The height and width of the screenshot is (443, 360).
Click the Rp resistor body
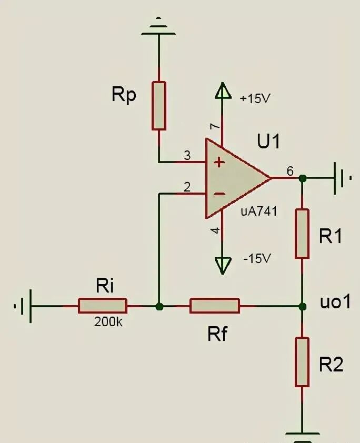coord(159,106)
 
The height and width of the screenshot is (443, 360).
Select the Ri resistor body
coord(103,306)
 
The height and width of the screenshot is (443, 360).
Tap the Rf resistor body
coord(215,306)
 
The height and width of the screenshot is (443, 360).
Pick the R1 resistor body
coord(302,234)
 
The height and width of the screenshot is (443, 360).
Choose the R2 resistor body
coord(302,362)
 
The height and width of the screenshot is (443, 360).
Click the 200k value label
coord(108,322)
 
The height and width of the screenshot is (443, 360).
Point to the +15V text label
coord(255,98)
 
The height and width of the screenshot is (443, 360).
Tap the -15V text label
coord(257,258)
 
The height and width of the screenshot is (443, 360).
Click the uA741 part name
coord(259,212)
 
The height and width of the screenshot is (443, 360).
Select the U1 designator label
coord(269,141)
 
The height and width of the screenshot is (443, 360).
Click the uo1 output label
coord(335,301)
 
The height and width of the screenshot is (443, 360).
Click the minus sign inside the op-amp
coord(219,194)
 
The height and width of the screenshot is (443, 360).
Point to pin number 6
coord(290,171)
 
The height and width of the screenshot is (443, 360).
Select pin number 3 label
coord(187,155)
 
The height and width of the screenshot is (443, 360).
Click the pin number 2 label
coord(187,187)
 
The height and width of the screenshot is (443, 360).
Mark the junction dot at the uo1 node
coord(302,306)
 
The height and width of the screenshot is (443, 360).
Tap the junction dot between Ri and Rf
coord(159,306)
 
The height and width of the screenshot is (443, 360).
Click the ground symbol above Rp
coord(158,27)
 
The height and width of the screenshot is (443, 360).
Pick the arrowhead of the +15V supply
coord(223,90)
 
